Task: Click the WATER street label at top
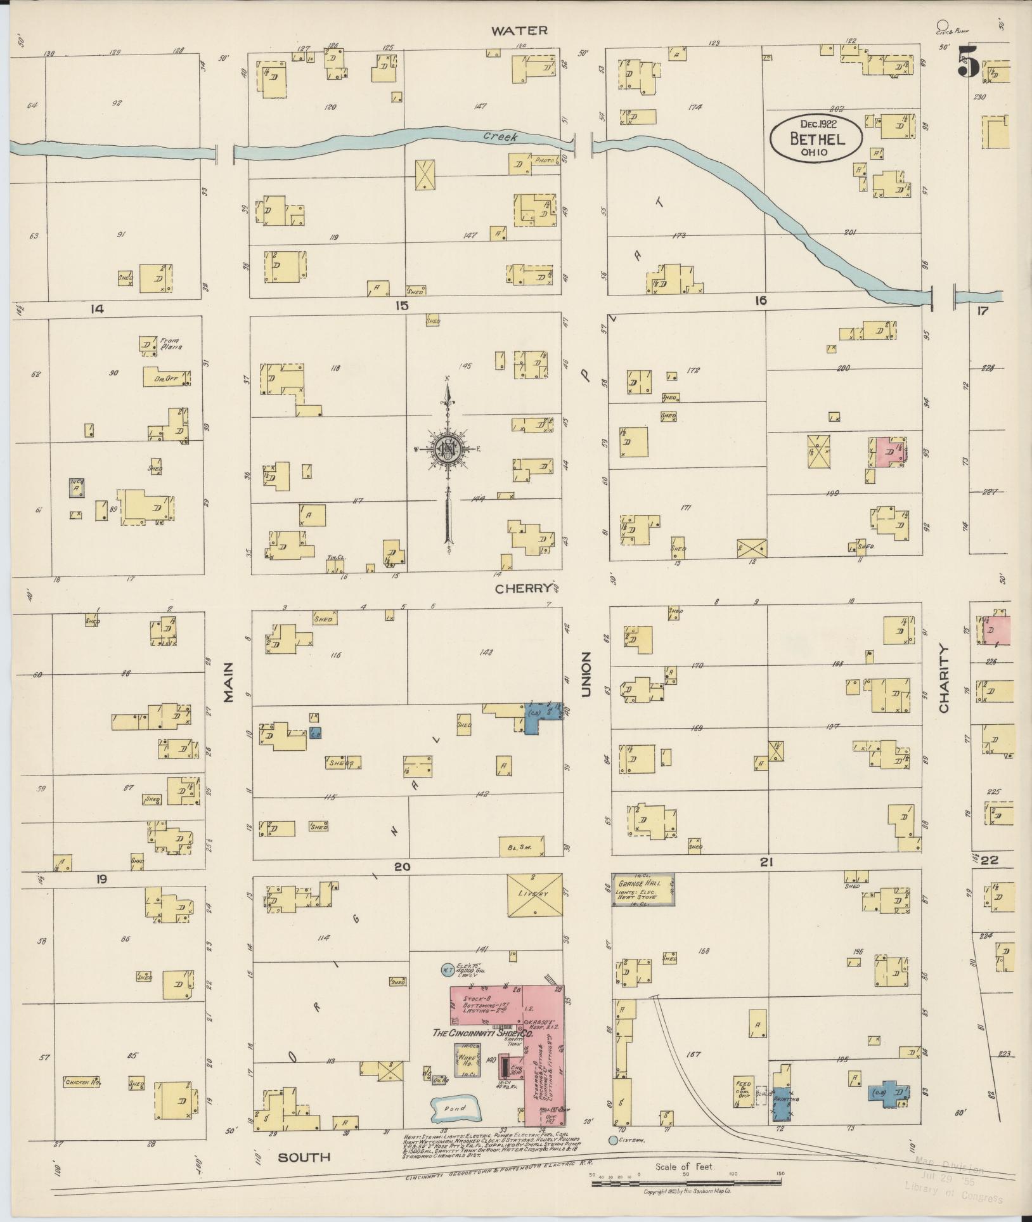(519, 30)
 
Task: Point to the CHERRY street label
(524, 588)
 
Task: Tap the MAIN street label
(228, 682)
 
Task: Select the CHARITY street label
(945, 679)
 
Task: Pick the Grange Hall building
(643, 889)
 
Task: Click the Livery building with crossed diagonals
(534, 894)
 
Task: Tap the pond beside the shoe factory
(455, 1108)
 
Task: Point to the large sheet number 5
(967, 62)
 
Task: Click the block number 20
(402, 866)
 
